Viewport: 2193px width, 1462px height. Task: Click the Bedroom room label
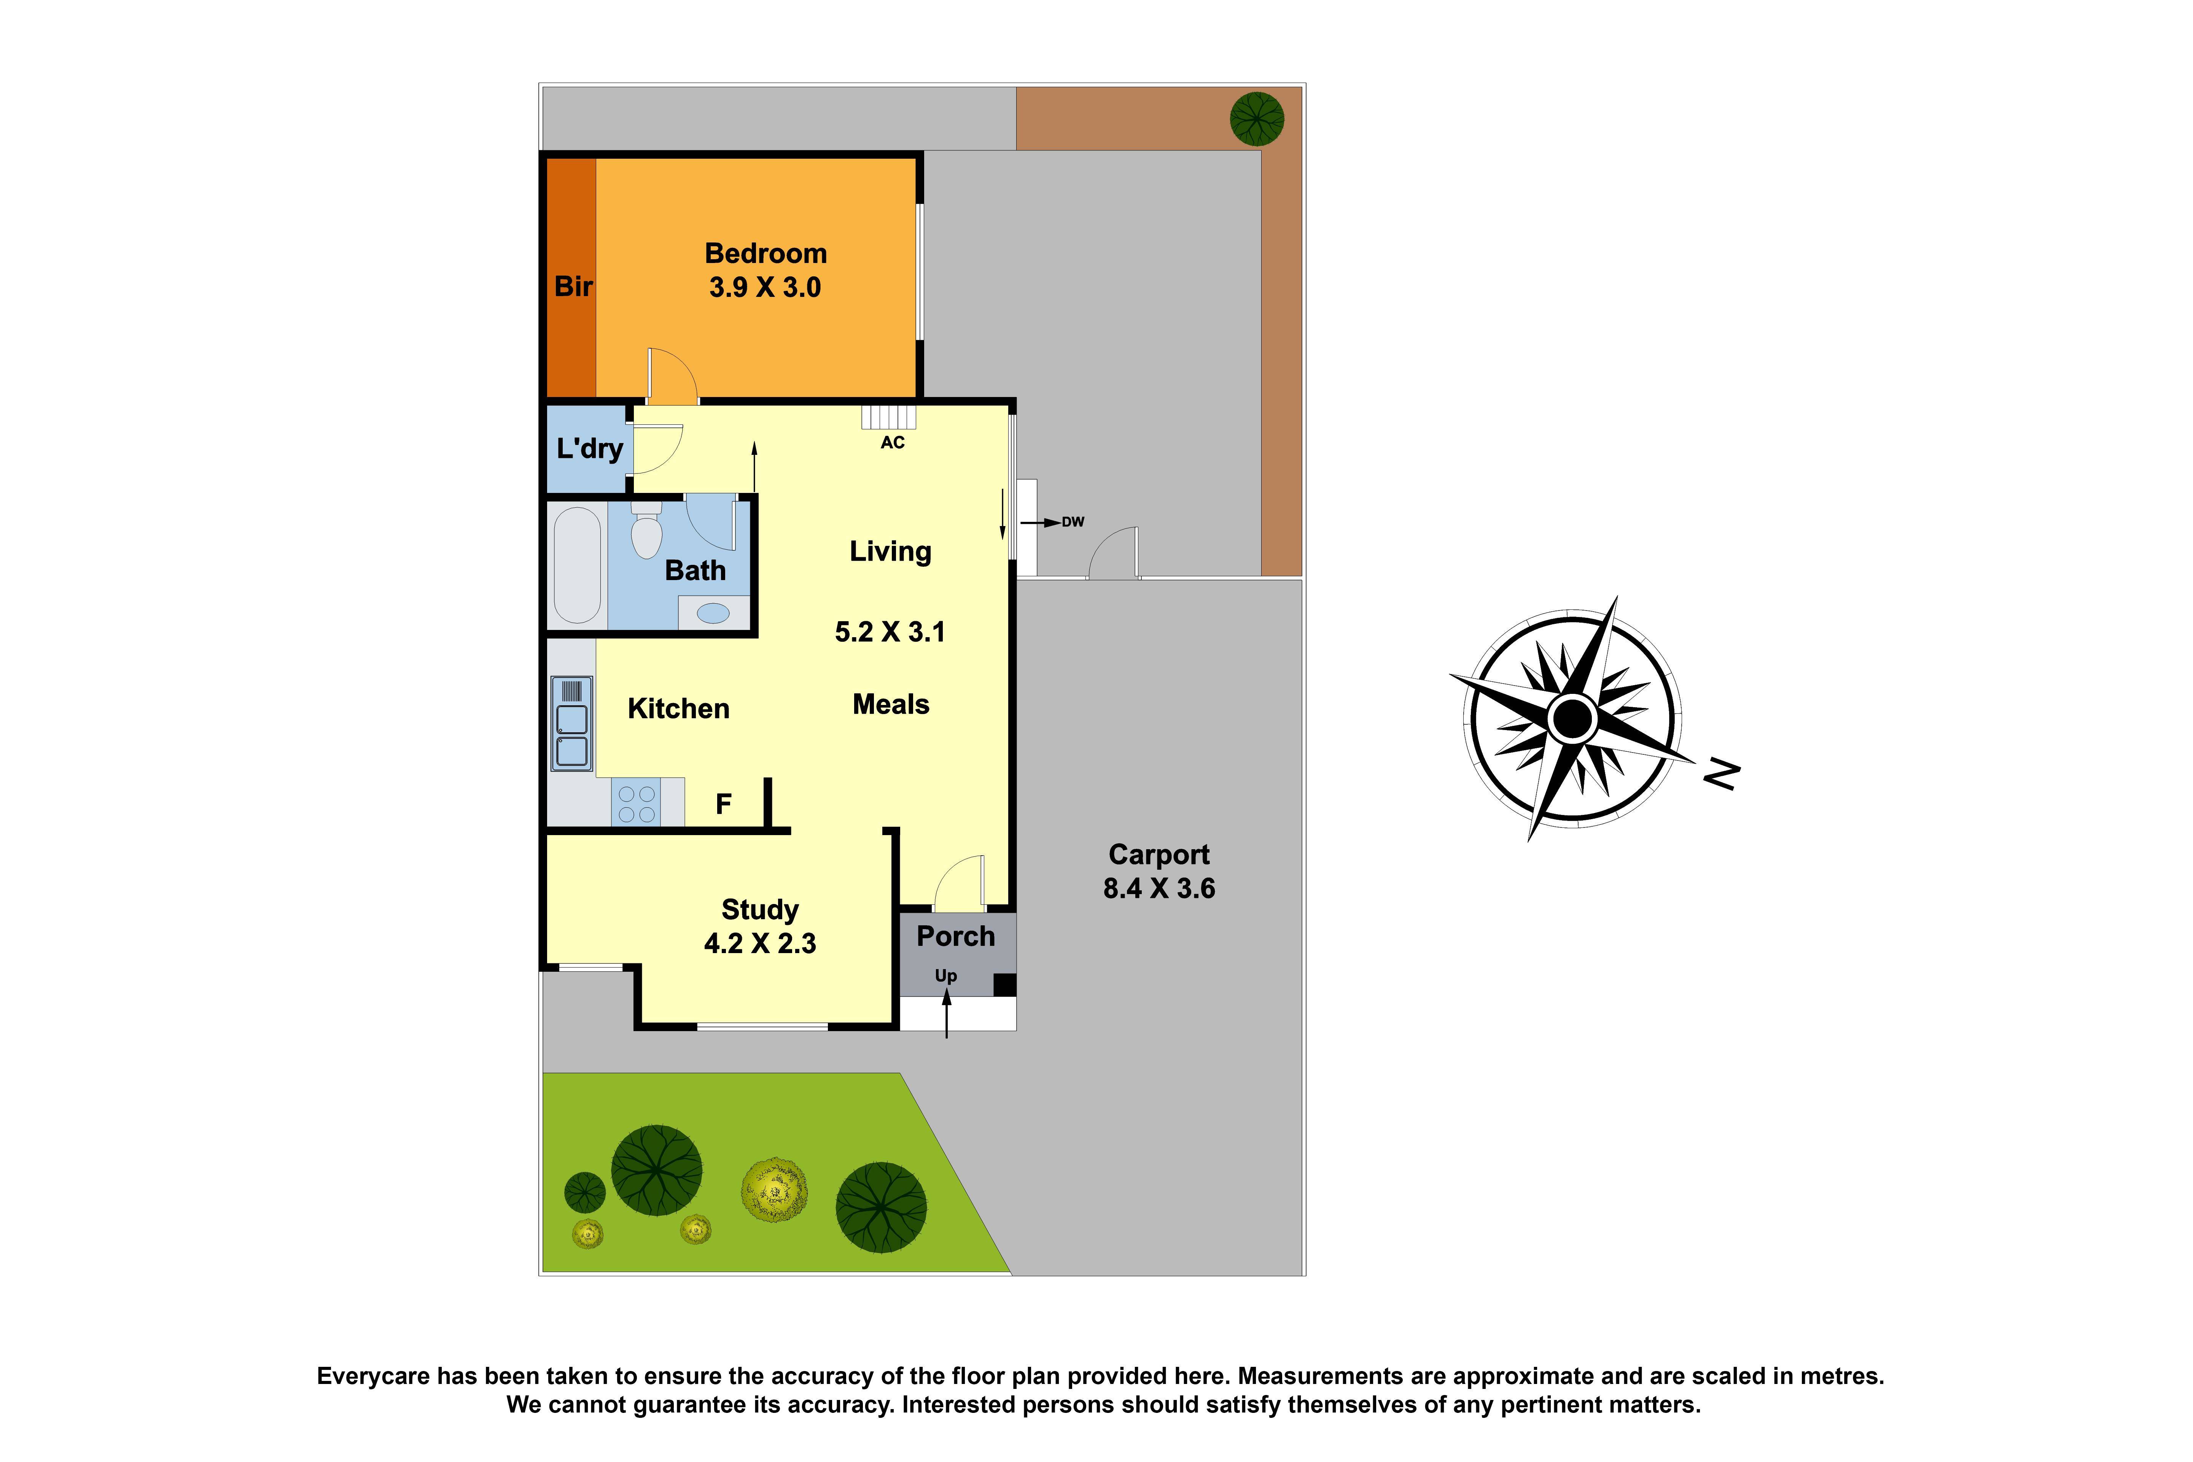coord(765,253)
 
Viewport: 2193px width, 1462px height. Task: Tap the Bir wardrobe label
coord(573,286)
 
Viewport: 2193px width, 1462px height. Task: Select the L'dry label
coord(589,448)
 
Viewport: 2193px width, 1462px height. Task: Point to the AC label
coord(892,443)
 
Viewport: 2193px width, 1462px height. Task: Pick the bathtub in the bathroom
coord(577,565)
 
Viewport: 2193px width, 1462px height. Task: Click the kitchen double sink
coord(571,724)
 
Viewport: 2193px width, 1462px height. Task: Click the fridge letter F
coord(723,804)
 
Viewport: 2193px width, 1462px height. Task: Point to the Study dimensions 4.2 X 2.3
coord(759,944)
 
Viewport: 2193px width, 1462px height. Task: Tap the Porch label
coord(955,936)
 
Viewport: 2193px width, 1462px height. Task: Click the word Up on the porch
coord(946,975)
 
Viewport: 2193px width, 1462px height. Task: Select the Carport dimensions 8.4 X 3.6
coord(1159,888)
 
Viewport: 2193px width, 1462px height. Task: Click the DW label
coord(1073,522)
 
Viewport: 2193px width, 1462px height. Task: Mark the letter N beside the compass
coord(1720,774)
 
